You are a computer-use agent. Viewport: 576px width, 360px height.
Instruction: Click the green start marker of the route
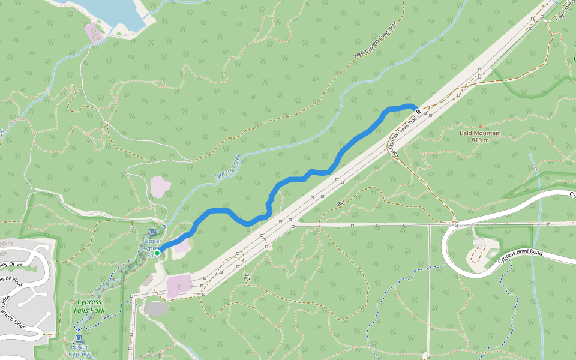[157, 253]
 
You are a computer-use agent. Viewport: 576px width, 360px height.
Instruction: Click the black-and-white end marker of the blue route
[418, 111]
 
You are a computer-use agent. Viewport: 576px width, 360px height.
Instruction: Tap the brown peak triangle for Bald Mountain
[480, 126]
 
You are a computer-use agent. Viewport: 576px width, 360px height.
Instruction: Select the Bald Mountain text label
[480, 133]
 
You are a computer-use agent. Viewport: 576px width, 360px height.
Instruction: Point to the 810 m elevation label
[480, 140]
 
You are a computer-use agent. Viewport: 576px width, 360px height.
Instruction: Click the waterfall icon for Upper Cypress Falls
[152, 232]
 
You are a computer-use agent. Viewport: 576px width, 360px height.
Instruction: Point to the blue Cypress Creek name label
[227, 168]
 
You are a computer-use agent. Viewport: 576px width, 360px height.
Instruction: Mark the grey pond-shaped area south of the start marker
[157, 308]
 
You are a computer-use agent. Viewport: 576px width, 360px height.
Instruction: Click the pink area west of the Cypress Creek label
[160, 187]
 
